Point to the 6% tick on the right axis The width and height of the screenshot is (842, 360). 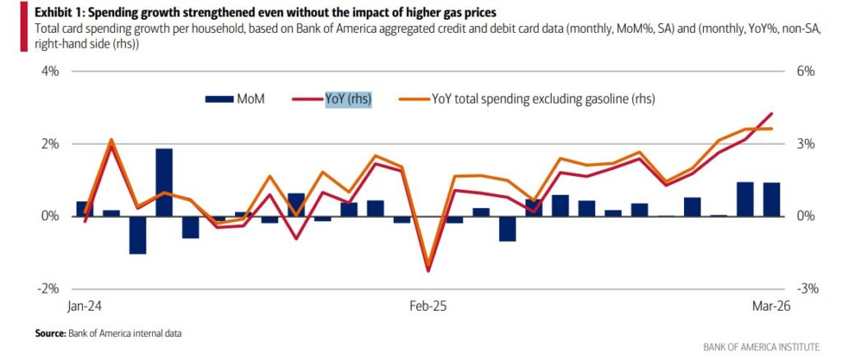click(805, 72)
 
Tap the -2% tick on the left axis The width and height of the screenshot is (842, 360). click(48, 288)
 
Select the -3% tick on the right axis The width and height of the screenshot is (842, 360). click(804, 288)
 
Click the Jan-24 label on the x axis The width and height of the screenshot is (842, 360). click(84, 306)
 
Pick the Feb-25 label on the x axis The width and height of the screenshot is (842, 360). click(428, 306)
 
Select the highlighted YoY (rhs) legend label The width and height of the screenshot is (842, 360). click(348, 99)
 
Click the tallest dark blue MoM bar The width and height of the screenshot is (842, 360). click(164, 182)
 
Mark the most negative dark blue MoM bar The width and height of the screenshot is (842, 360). click(138, 235)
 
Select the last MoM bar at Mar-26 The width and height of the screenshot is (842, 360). click(771, 200)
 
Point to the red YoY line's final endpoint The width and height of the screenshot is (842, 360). click(771, 113)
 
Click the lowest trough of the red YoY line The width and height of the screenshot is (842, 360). click(428, 270)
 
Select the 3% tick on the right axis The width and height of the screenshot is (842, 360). click(805, 144)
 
